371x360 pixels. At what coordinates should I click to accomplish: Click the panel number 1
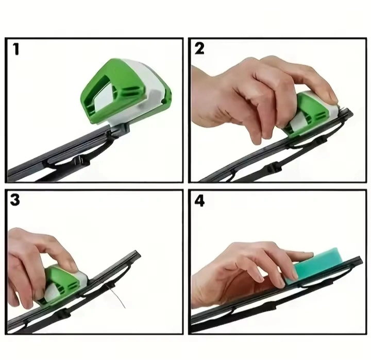(16, 49)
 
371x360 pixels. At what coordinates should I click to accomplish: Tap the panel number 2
(199, 48)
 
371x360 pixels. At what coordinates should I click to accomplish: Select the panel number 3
(15, 200)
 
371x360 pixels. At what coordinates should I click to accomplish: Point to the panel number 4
(199, 201)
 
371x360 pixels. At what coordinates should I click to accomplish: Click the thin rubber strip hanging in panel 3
(117, 296)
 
